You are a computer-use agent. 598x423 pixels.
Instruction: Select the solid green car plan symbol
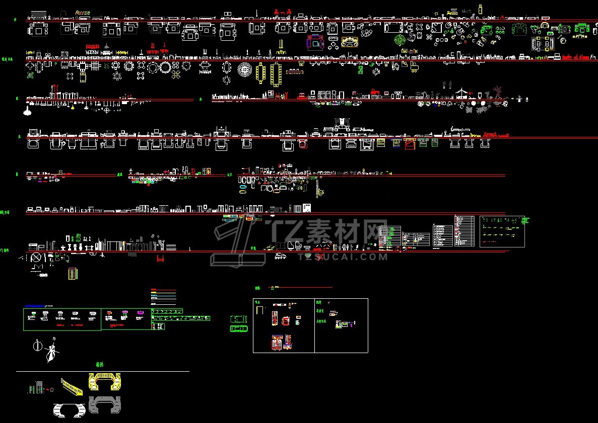239,328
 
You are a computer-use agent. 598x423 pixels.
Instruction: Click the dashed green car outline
238,319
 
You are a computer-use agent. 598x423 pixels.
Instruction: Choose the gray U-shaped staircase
105,404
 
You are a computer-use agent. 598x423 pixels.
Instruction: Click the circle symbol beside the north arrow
37,346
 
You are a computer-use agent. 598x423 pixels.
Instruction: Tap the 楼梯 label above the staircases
100,365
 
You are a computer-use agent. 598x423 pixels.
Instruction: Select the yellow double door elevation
73,274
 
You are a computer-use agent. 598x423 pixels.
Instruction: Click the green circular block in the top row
400,40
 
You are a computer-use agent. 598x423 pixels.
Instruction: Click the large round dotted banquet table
244,69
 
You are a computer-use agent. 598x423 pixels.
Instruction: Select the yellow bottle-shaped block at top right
481,9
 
